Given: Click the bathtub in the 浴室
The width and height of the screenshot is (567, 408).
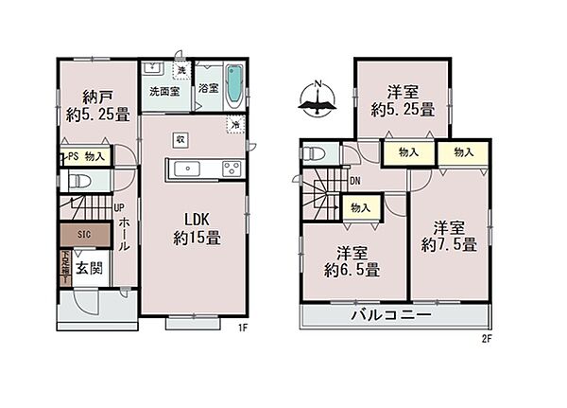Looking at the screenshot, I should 234,84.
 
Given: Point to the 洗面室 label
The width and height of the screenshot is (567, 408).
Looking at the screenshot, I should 165,92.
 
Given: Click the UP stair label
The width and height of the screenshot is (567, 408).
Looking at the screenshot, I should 119,208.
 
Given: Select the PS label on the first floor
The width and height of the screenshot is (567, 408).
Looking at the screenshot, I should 69,156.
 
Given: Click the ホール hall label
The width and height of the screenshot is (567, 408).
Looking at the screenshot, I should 124,233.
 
